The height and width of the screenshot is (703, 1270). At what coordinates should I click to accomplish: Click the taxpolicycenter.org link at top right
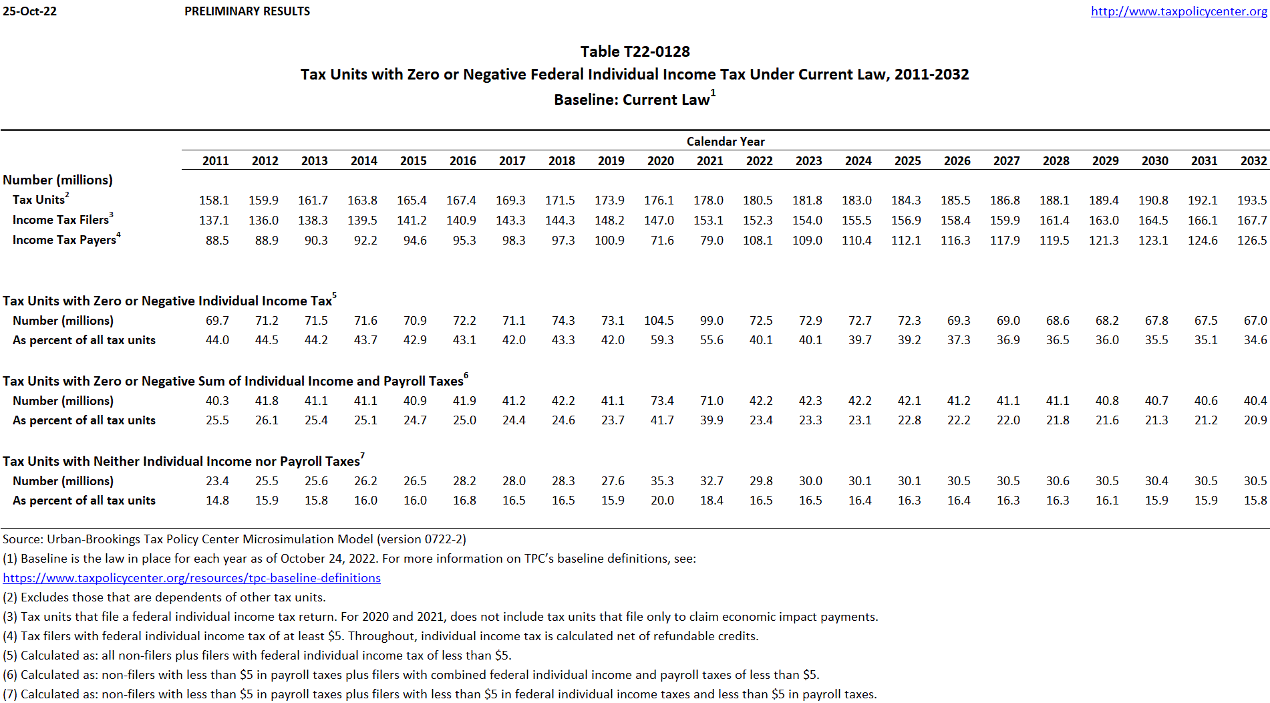(x=1178, y=11)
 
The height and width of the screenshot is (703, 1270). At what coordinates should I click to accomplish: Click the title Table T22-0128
(x=635, y=51)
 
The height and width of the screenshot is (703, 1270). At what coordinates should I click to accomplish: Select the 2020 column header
(x=660, y=161)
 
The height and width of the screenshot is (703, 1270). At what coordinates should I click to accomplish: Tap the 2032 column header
(x=1253, y=161)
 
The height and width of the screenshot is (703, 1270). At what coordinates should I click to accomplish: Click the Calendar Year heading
(x=726, y=142)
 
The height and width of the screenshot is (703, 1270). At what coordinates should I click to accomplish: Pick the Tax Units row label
(x=39, y=200)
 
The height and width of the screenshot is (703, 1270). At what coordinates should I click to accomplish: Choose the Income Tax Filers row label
(x=61, y=220)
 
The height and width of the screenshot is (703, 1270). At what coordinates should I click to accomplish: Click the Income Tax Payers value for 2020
(x=662, y=241)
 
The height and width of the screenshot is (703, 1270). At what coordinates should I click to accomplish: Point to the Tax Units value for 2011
(x=214, y=200)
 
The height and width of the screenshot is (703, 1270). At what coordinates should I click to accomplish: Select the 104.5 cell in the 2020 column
(x=659, y=321)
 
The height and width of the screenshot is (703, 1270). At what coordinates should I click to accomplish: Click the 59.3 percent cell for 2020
(x=662, y=340)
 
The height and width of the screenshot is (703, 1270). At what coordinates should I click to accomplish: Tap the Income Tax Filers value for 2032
(x=1252, y=221)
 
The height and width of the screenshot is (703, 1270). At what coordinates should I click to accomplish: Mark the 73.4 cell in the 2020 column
(x=662, y=401)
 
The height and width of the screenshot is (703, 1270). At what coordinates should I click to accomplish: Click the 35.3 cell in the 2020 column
(x=662, y=481)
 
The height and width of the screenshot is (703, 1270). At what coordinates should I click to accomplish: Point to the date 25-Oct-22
(x=29, y=11)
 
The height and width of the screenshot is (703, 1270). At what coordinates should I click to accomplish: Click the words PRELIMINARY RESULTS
(x=247, y=11)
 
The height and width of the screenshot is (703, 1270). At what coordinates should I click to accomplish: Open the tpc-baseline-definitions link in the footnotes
(x=192, y=578)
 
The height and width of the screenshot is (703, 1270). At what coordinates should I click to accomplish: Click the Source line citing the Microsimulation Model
(x=234, y=539)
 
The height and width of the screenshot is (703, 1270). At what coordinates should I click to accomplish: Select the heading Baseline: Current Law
(x=632, y=100)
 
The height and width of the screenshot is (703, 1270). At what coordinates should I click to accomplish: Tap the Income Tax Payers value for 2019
(x=609, y=241)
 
